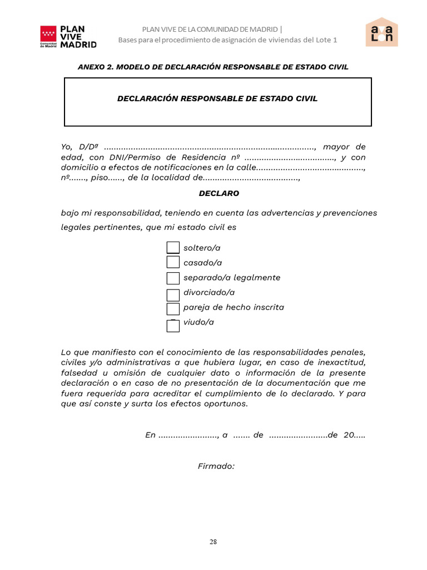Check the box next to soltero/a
173,248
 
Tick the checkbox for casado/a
173,262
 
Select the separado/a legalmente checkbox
173,278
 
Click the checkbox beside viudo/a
173,326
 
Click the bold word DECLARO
219,194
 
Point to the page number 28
213,542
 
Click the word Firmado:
216,466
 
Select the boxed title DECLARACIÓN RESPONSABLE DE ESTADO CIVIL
217,99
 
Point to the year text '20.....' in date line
355,435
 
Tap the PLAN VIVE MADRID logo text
78,37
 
